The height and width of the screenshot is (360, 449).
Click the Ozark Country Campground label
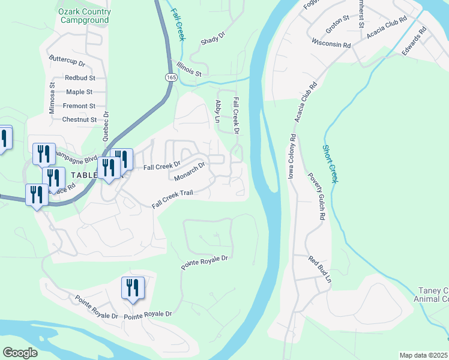[x=85, y=16]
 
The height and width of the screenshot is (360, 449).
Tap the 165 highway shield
[x=171, y=77]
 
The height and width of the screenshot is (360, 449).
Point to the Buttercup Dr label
[x=67, y=62]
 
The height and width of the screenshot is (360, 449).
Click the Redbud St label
[x=80, y=78]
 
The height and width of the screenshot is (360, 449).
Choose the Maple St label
[x=79, y=92]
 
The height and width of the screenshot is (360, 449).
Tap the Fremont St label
[x=80, y=106]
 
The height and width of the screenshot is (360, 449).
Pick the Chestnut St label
[x=79, y=119]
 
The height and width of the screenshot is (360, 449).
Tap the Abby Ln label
[x=218, y=111]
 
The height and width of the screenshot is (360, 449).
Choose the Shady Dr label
[x=212, y=38]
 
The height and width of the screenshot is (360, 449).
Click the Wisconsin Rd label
[x=331, y=43]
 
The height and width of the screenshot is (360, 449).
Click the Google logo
[x=20, y=353]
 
